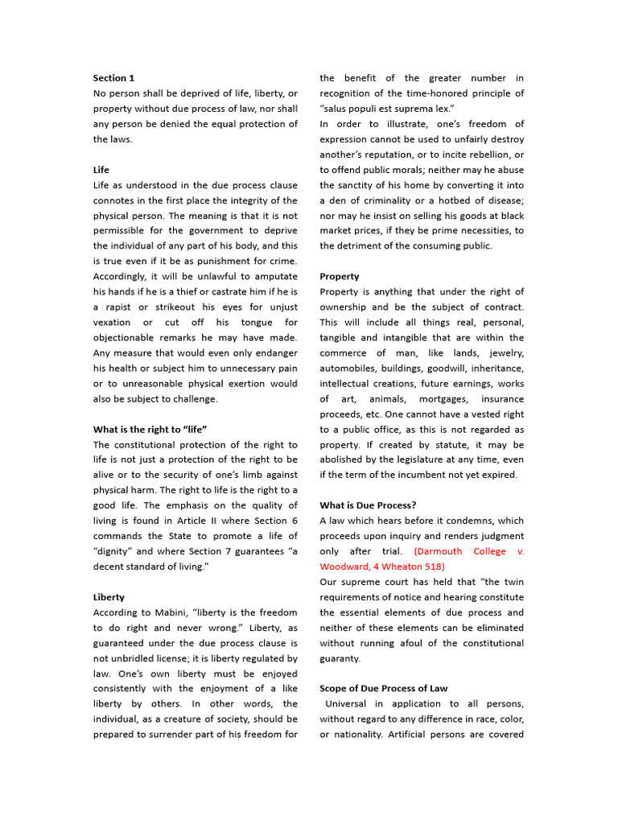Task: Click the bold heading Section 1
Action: click(113, 78)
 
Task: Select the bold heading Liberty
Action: click(109, 597)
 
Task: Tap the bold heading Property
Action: click(340, 276)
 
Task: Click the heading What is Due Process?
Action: click(368, 505)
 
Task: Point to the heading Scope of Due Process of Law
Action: click(384, 688)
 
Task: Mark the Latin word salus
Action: click(338, 109)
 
